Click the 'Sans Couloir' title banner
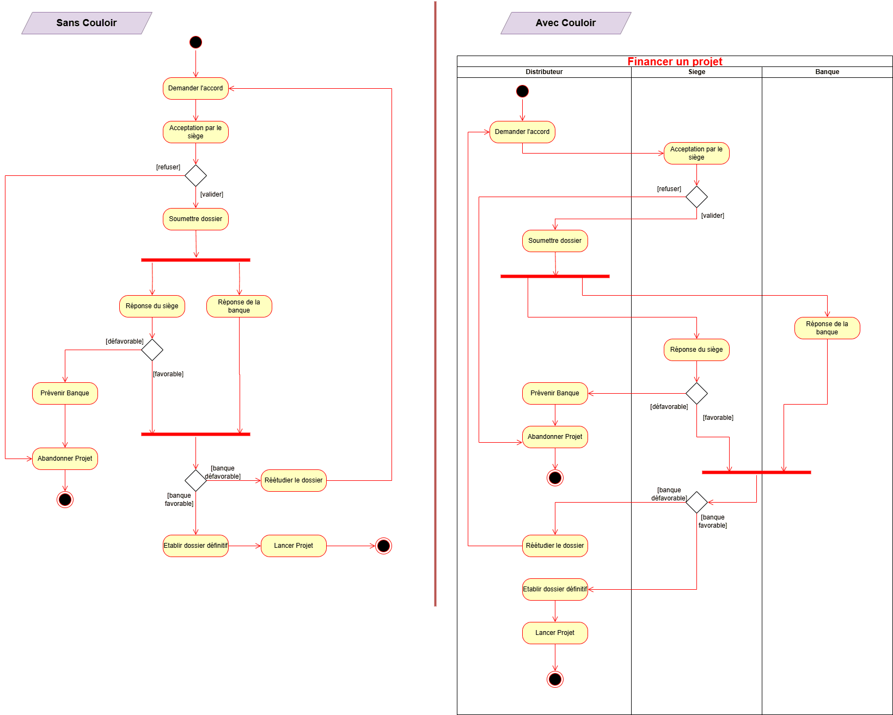coord(87,23)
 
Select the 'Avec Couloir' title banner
coord(565,23)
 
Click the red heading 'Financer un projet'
coord(675,62)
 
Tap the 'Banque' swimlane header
coord(827,72)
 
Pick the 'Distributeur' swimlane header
coord(544,72)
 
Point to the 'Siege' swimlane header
coord(696,72)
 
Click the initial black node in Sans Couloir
coord(195,42)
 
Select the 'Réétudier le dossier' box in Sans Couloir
coord(293,480)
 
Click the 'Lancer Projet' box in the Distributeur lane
coord(555,633)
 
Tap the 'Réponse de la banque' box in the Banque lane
coord(827,328)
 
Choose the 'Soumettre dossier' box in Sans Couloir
coord(195,219)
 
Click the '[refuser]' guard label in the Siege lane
coord(669,189)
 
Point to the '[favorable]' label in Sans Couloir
coord(168,374)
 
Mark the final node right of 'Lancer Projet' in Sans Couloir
coord(383,546)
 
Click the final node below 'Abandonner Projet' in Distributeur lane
coord(555,478)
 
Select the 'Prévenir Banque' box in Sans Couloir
coord(65,393)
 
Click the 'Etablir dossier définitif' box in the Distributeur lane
coord(555,589)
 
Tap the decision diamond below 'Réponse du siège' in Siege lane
coord(696,393)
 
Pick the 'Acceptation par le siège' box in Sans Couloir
coord(195,132)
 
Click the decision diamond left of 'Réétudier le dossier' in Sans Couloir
coord(195,480)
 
